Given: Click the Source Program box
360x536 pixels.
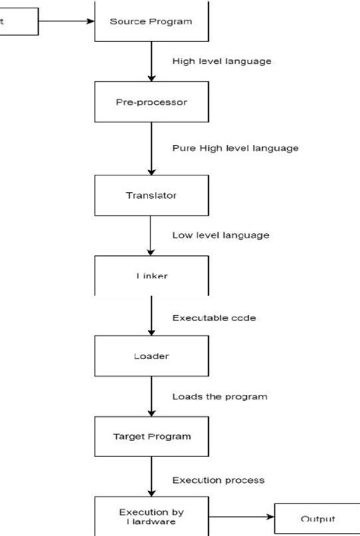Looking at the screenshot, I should click(x=151, y=20).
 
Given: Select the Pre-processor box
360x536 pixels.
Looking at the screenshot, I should click(x=151, y=101).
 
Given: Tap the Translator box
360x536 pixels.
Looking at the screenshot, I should click(x=151, y=195).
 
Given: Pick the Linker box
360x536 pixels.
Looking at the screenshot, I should click(x=151, y=276).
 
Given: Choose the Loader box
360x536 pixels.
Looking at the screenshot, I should click(x=151, y=355).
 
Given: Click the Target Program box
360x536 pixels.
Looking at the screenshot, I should click(x=151, y=436).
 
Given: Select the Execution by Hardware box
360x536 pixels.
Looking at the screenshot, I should click(x=151, y=516).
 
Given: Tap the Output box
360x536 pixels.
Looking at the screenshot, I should click(x=317, y=519).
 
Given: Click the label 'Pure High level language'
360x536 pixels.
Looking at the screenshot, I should click(x=235, y=148).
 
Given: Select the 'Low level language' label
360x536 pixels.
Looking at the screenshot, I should click(x=220, y=235).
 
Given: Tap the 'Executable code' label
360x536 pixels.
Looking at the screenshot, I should click(x=213, y=317).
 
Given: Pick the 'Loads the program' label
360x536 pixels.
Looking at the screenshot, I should click(x=219, y=396).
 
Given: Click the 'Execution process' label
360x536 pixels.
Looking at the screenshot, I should click(x=218, y=480).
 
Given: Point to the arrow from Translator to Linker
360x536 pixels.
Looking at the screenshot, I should click(x=151, y=235).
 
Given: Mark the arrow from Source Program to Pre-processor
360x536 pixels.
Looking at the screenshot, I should click(x=151, y=61).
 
